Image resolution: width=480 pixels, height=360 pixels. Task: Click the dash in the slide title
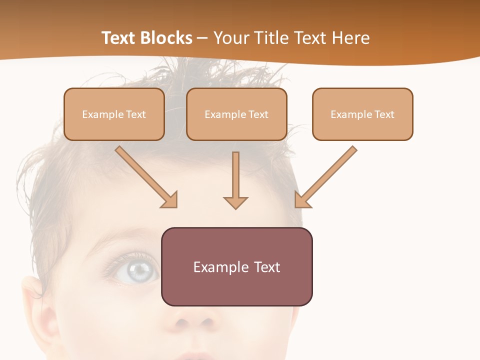click(x=202, y=38)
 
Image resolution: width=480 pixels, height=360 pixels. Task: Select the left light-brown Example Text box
click(x=114, y=114)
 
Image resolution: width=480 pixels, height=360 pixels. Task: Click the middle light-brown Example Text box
click(x=236, y=114)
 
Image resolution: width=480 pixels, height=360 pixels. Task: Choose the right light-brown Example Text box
click(x=362, y=114)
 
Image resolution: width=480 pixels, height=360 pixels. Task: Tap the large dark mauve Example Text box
click(x=236, y=266)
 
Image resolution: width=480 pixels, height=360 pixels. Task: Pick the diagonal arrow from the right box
click(x=327, y=175)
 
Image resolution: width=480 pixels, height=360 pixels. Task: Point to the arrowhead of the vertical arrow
click(x=235, y=202)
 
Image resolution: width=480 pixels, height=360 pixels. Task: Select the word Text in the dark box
click(x=266, y=267)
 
